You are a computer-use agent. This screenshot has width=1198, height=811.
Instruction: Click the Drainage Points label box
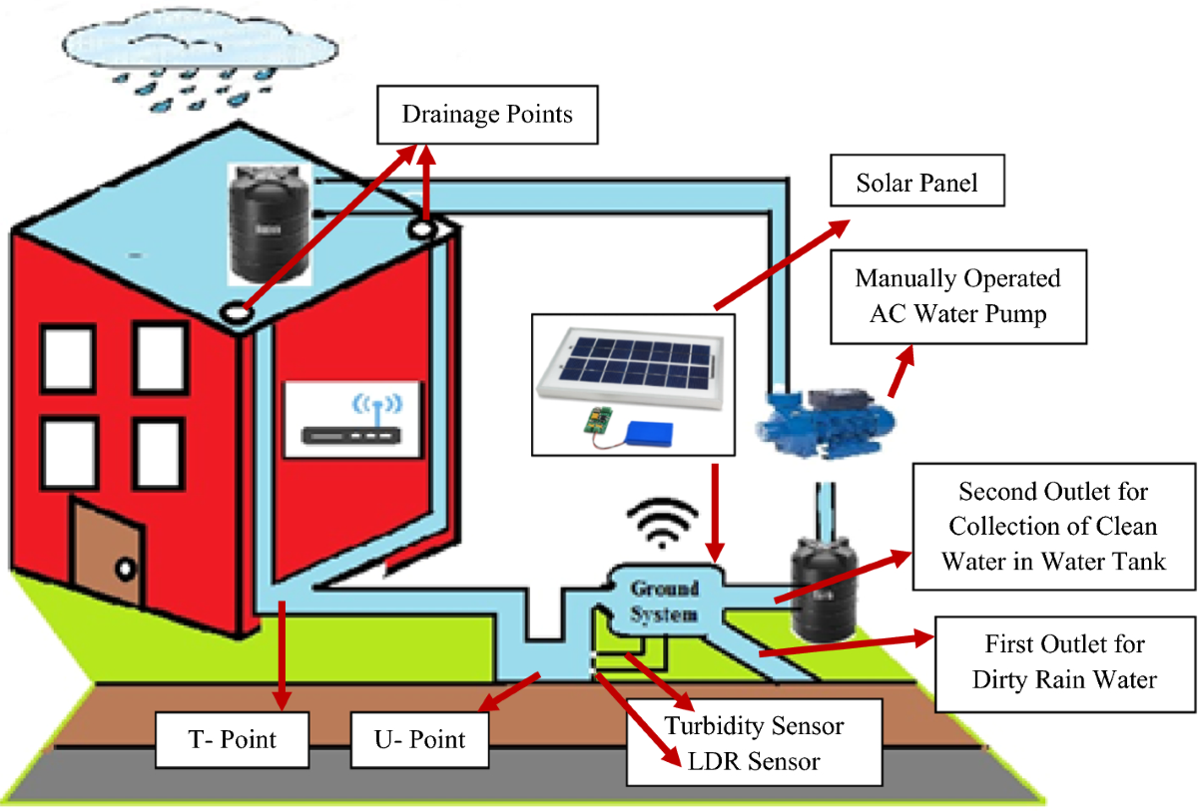[487, 114]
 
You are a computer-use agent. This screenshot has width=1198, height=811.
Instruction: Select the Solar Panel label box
[916, 184]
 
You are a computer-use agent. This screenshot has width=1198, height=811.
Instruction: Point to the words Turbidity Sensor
[754, 725]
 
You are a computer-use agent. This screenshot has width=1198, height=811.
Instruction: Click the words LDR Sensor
[754, 761]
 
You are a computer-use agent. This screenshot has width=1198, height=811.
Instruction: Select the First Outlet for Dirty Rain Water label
[1063, 661]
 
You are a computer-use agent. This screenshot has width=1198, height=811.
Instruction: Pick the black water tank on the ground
[821, 587]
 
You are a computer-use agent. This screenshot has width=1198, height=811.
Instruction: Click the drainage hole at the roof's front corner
[238, 310]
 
